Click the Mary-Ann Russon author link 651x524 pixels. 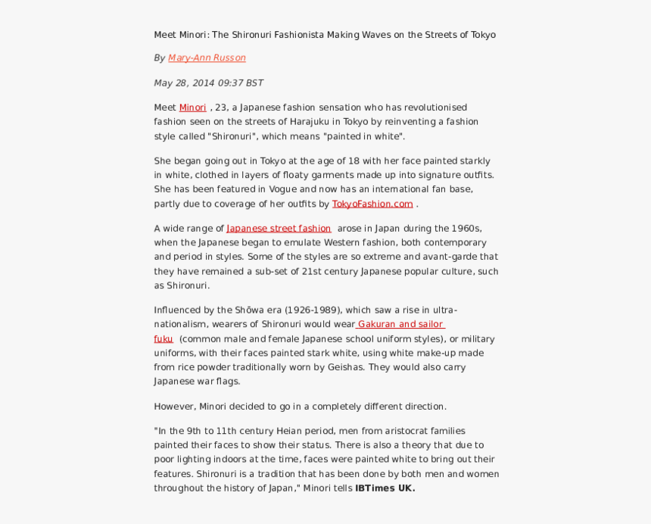pyautogui.click(x=207, y=58)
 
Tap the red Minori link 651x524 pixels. pyautogui.click(x=192, y=108)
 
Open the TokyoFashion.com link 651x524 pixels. pyautogui.click(x=372, y=204)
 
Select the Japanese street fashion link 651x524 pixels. pyautogui.click(x=279, y=229)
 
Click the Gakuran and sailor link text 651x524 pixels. pyautogui.click(x=400, y=324)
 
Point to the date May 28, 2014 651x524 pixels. pyautogui.click(x=184, y=83)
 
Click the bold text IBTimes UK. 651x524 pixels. pyautogui.click(x=385, y=488)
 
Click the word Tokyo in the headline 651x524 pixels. pyautogui.click(x=483, y=35)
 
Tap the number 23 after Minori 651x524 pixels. pyautogui.click(x=220, y=108)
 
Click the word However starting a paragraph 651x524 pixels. pyautogui.click(x=174, y=407)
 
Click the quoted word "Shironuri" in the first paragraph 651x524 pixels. pyautogui.click(x=232, y=136)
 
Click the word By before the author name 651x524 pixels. pyautogui.click(x=159, y=58)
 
